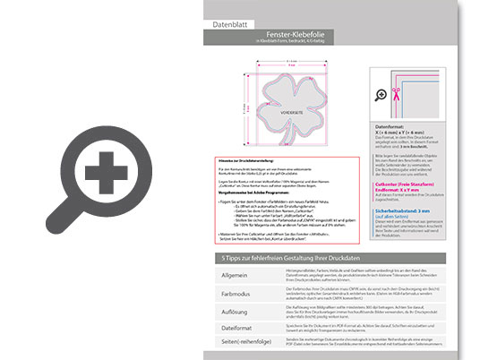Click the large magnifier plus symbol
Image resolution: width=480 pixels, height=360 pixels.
point(105,169)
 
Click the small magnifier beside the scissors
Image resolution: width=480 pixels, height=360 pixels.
point(381,94)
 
